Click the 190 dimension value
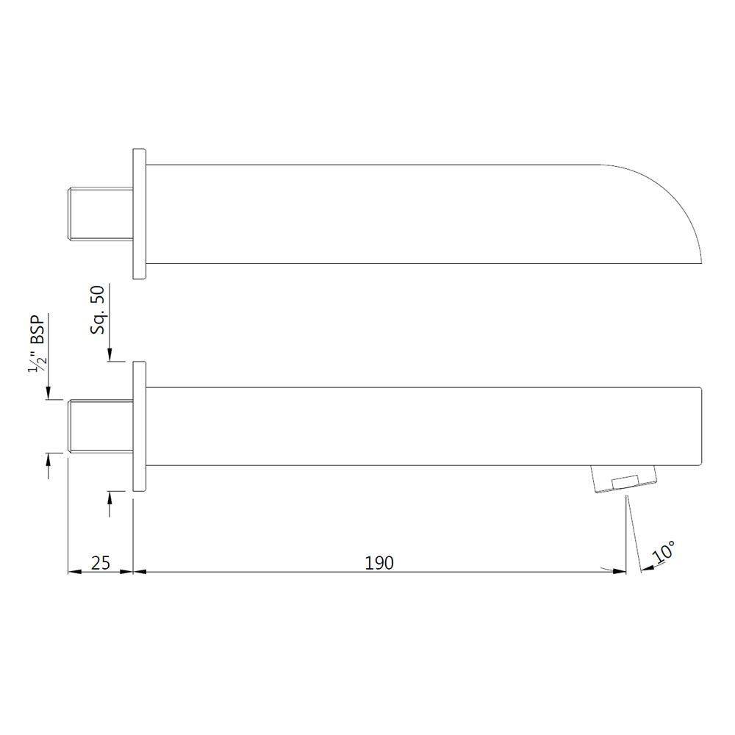(379, 563)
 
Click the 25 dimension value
(101, 563)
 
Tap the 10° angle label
(664, 552)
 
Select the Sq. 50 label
(98, 311)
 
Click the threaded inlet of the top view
(100, 215)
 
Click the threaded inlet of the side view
(100, 426)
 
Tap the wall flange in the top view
(140, 214)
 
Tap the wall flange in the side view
(139, 426)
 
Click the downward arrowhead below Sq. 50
(109, 356)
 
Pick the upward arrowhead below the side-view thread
(49, 459)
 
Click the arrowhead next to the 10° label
(646, 567)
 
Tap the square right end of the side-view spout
(700, 426)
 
